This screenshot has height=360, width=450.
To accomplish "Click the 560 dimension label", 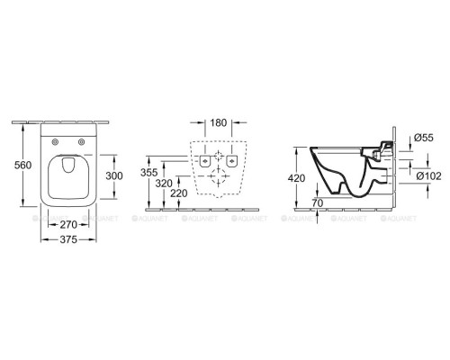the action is click(22, 165).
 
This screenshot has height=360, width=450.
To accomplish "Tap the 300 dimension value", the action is click(114, 175).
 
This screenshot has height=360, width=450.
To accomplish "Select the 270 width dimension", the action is click(68, 224).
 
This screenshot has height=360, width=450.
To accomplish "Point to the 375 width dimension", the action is click(68, 239).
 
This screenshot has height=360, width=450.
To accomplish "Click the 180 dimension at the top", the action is click(218, 122).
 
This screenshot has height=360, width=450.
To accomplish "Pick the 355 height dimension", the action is click(149, 173).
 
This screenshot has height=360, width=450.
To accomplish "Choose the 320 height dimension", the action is click(164, 184).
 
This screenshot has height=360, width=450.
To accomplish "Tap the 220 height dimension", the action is click(179, 193).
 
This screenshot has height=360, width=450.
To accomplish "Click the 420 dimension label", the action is click(296, 178).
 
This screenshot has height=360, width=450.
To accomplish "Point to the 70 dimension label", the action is click(318, 203).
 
